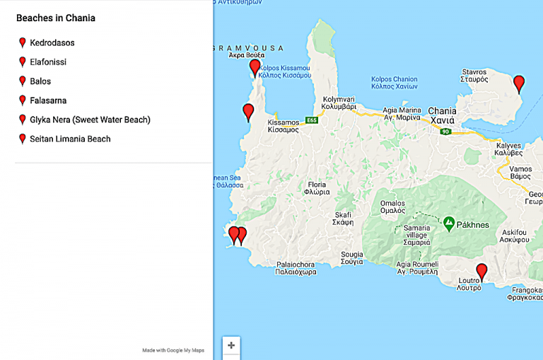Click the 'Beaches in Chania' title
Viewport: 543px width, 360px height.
click(56, 18)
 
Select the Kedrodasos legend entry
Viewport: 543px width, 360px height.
click(52, 43)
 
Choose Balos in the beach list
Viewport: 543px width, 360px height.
click(40, 81)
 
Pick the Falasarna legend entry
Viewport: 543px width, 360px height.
click(48, 100)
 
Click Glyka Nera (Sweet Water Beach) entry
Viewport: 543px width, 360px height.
click(90, 120)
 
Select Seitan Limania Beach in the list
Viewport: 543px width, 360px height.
click(70, 139)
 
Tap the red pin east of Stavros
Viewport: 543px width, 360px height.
click(519, 83)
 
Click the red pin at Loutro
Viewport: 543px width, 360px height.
click(481, 271)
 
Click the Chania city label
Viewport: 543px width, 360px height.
click(443, 115)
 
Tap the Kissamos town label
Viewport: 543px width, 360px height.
click(284, 127)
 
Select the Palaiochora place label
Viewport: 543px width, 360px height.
click(296, 267)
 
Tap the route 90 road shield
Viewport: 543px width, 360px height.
click(445, 132)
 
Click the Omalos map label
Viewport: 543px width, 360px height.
click(392, 207)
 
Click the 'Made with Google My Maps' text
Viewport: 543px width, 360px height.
click(173, 350)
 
